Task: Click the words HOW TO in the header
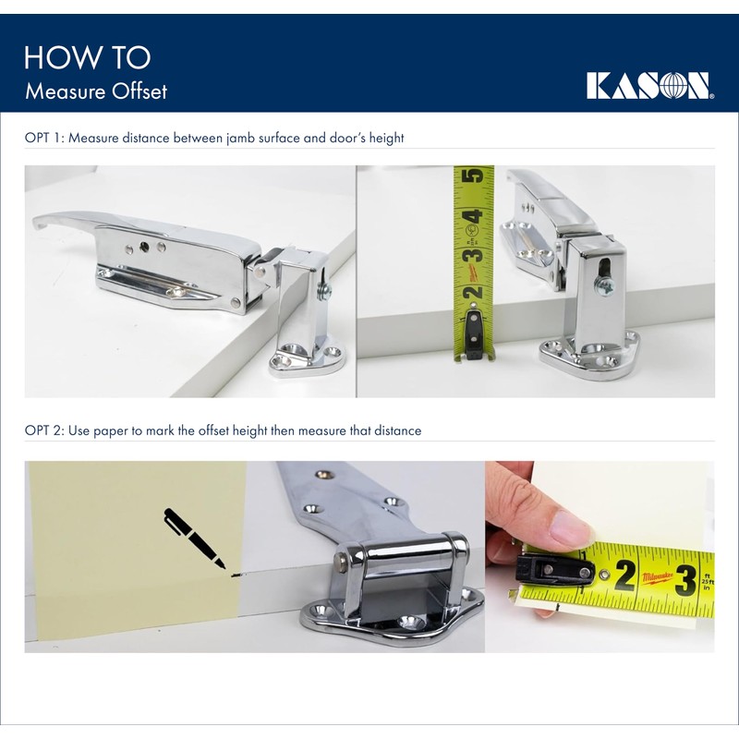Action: click(87, 57)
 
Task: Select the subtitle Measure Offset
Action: click(96, 91)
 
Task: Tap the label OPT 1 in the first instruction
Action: click(43, 138)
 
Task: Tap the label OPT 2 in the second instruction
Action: click(43, 430)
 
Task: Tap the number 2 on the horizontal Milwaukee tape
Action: click(624, 575)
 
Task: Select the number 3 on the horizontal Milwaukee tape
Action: click(684, 579)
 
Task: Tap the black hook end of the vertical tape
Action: click(472, 333)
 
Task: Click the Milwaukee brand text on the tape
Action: click(657, 575)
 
